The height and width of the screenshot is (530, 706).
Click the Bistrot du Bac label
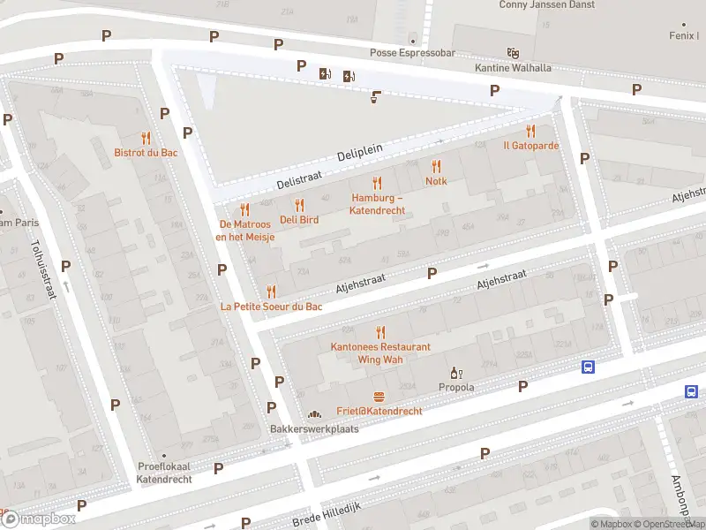tap(146, 153)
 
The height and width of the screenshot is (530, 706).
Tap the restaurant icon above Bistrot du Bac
tap(146, 138)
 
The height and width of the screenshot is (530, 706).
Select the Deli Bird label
tap(299, 219)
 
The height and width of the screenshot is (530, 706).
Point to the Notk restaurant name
tap(436, 181)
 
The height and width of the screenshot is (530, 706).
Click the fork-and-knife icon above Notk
tap(436, 166)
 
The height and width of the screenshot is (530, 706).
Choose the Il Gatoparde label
tap(530, 146)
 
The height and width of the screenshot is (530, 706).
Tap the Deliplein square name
tap(360, 153)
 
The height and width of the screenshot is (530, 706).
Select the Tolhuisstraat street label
tap(42, 269)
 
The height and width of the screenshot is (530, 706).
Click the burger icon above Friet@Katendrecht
tap(379, 397)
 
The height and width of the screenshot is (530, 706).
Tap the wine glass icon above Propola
tap(456, 373)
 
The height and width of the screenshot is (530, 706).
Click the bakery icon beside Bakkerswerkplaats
tap(313, 414)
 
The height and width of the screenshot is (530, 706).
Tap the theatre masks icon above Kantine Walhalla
tap(512, 53)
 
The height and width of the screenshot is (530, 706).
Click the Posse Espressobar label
tap(412, 53)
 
